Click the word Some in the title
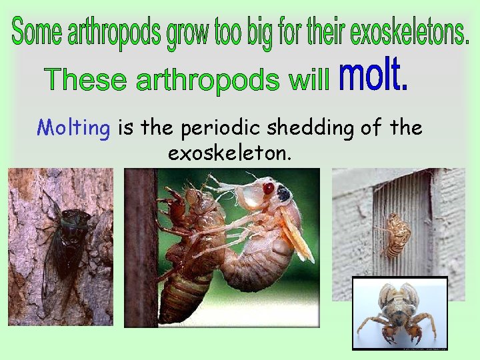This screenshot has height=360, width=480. point(37,31)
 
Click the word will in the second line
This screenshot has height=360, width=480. point(310,80)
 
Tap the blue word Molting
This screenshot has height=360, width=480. point(73,127)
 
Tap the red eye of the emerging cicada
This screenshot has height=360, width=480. point(268,189)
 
